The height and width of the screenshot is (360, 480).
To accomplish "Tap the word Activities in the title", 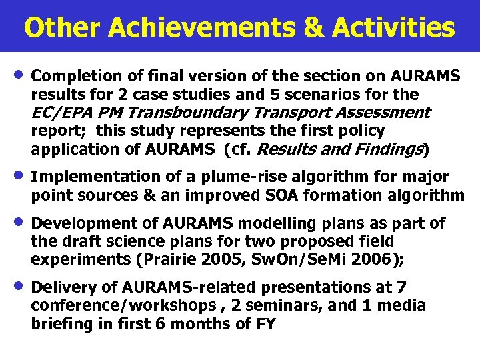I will pyautogui.click(x=393, y=27).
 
